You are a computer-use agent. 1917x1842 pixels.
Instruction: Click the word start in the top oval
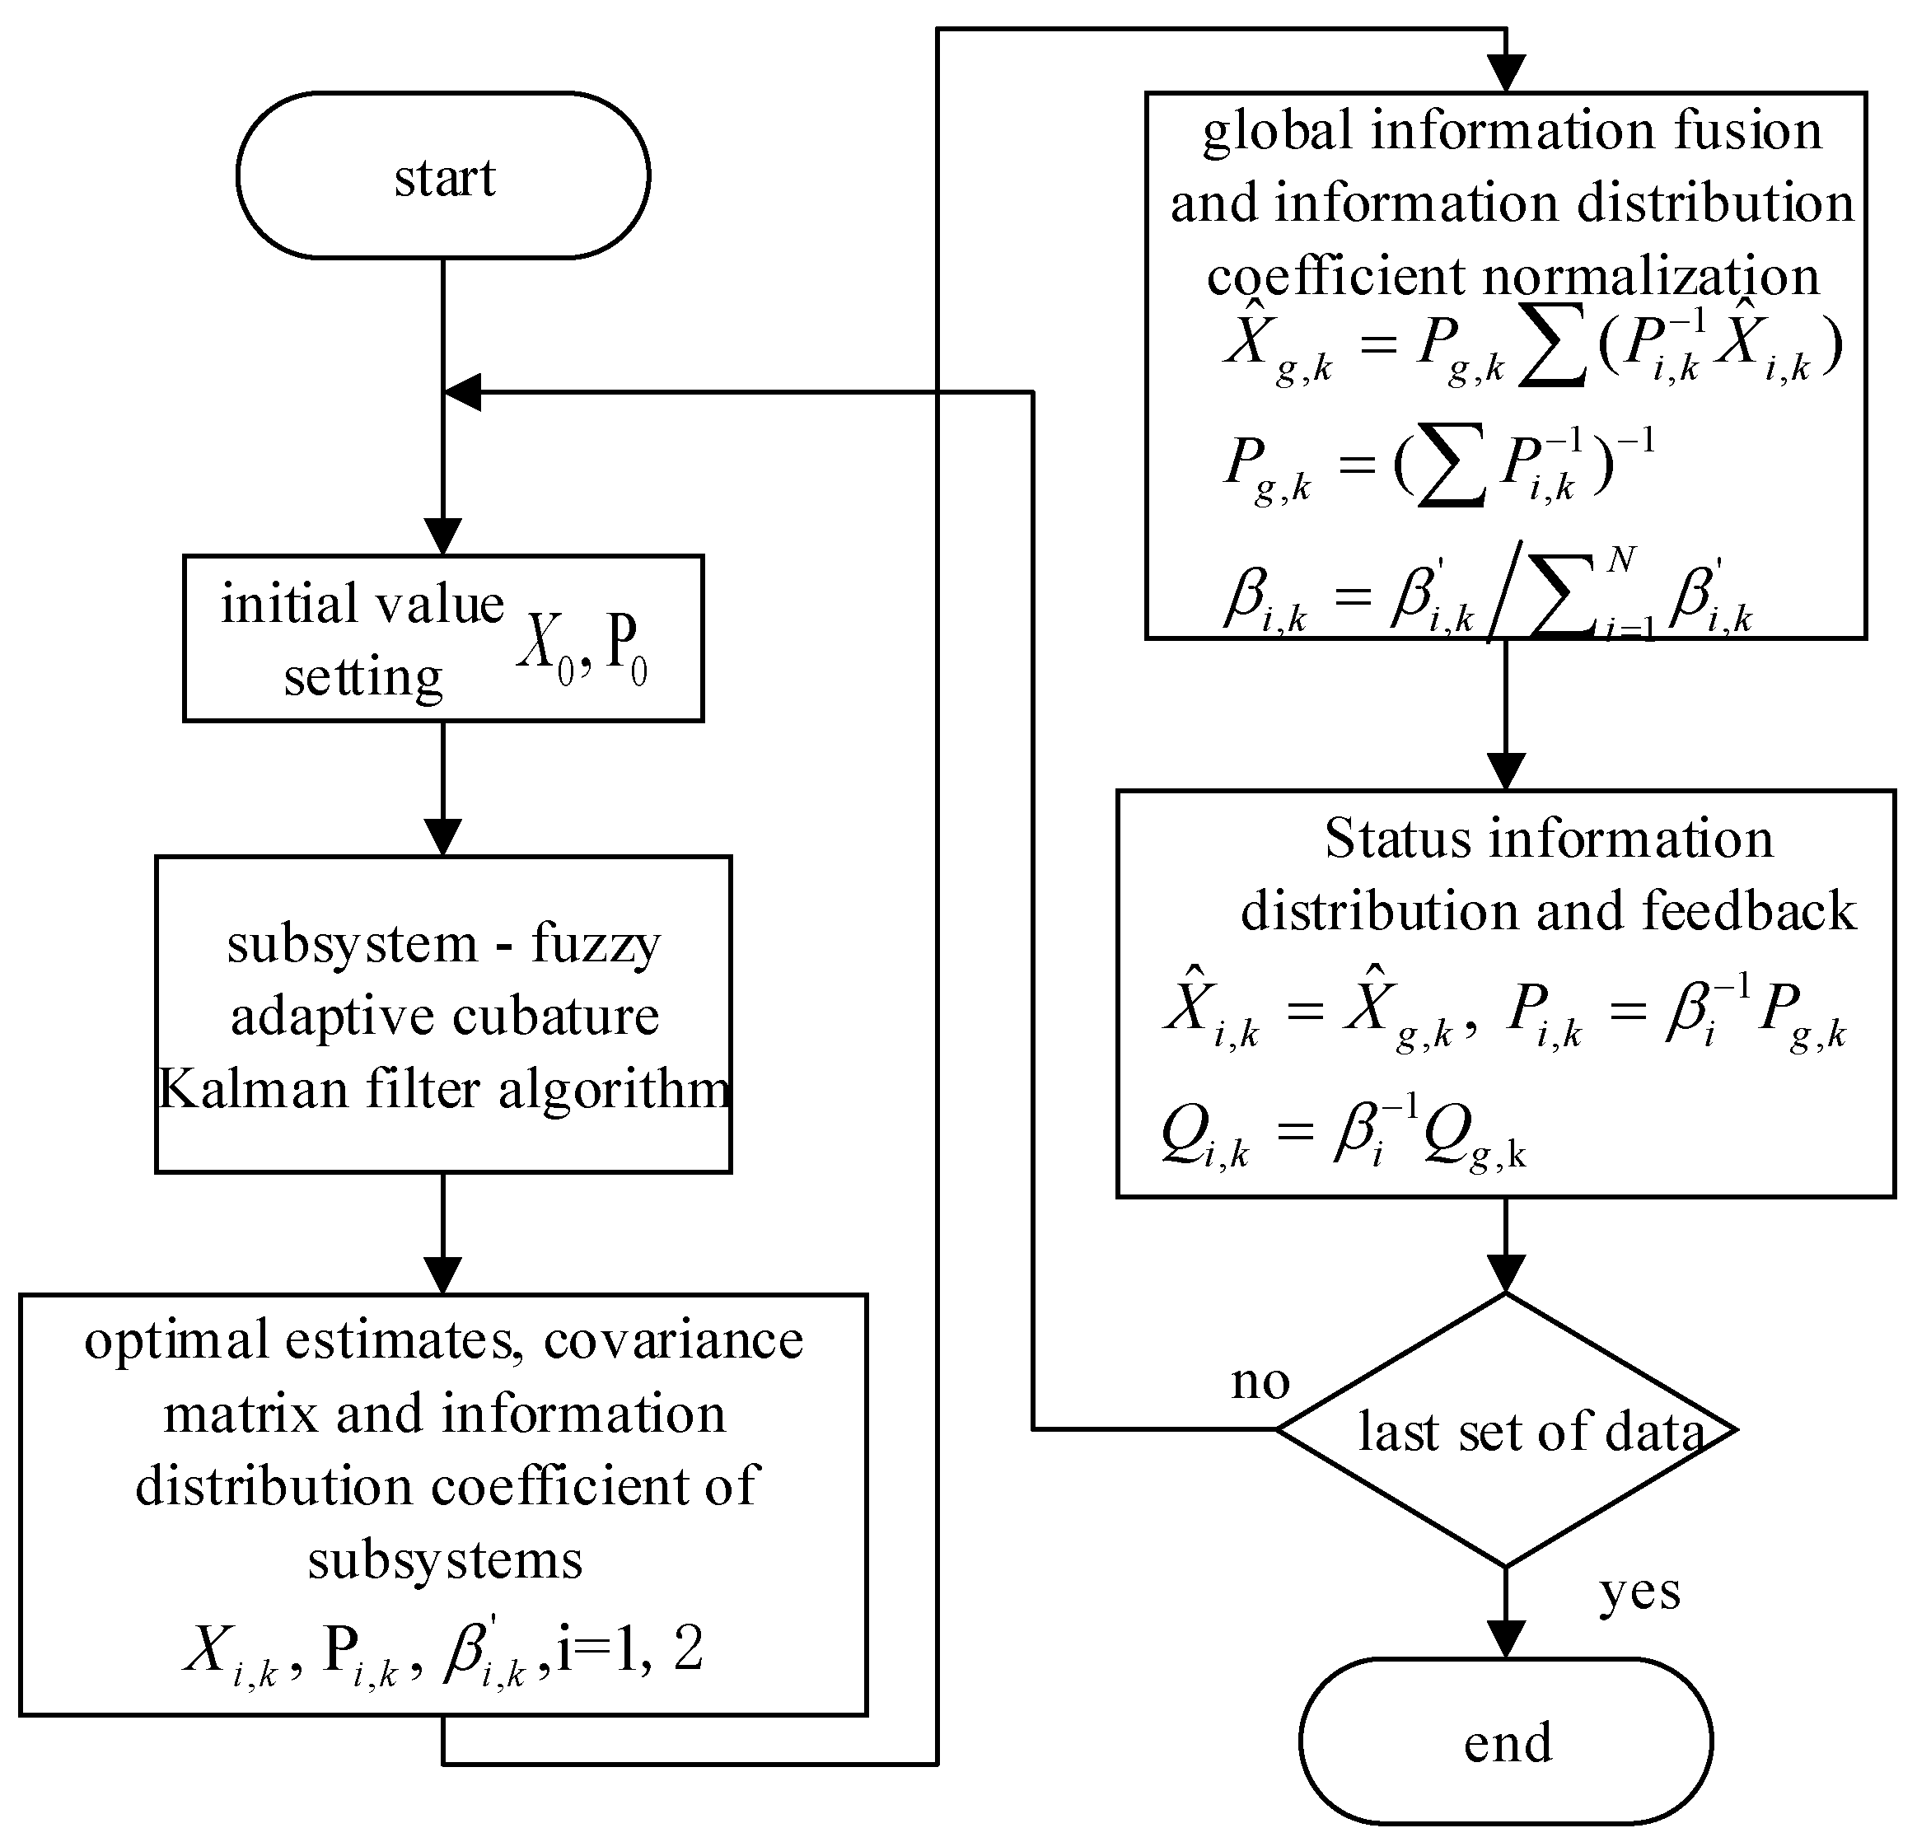pyautogui.click(x=444, y=178)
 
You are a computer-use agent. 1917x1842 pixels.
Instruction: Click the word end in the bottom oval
pyautogui.click(x=1508, y=1742)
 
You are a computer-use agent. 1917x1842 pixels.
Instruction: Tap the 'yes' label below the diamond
pyautogui.click(x=1639, y=1592)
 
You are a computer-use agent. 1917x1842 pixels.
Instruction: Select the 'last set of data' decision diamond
pyautogui.click(x=1506, y=1430)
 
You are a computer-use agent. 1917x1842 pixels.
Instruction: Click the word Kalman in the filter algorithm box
pyautogui.click(x=252, y=1087)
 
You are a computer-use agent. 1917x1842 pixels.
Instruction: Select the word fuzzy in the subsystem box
pyautogui.click(x=596, y=943)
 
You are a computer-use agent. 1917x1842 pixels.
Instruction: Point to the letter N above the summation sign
pyautogui.click(x=1620, y=559)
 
